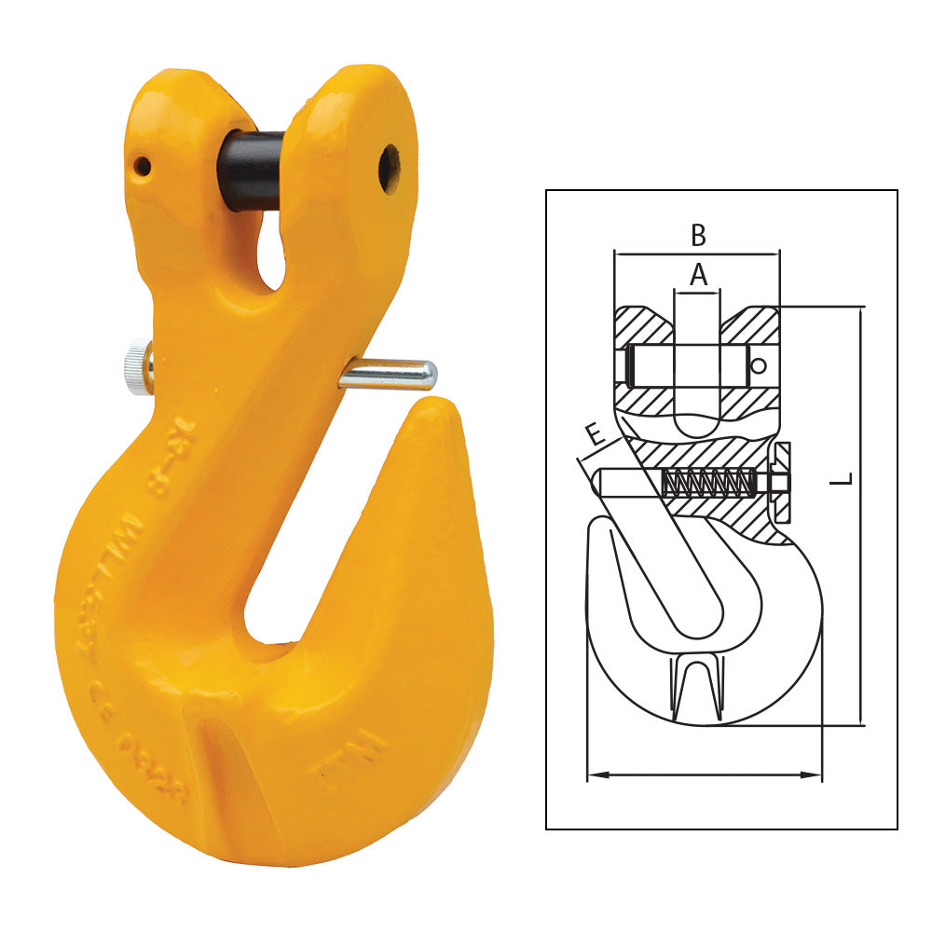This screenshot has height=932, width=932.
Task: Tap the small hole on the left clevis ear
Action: click(142, 167)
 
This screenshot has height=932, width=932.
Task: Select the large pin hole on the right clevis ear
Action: click(389, 168)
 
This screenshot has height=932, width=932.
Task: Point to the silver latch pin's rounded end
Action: click(426, 376)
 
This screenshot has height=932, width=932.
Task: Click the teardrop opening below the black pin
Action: click(271, 250)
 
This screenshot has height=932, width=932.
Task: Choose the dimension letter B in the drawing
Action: click(698, 236)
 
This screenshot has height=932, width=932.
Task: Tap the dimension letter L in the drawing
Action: click(844, 479)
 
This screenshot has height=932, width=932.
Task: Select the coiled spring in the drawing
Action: click(706, 483)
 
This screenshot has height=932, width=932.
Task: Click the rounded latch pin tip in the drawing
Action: click(601, 482)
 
